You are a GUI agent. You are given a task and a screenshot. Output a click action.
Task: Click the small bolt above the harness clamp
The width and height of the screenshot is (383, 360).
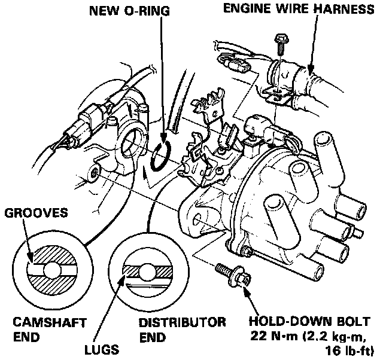click(x=279, y=47)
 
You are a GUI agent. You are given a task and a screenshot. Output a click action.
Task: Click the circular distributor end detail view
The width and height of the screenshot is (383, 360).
click(x=145, y=270)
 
